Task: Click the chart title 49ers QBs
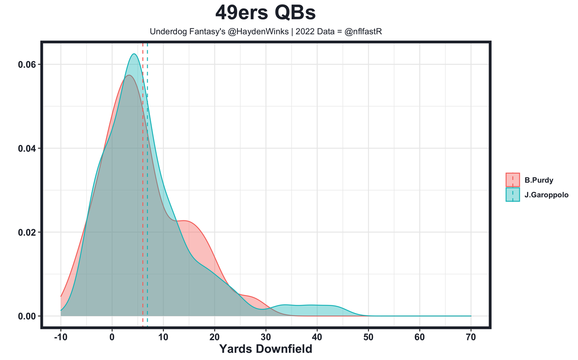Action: (266, 13)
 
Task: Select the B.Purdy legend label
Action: (539, 180)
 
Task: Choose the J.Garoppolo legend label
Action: (546, 195)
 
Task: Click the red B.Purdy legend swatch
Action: (513, 180)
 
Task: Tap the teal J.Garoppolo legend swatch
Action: (513, 195)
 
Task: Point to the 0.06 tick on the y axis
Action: (27, 65)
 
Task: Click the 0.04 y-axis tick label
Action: (27, 149)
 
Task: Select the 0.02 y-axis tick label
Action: (27, 233)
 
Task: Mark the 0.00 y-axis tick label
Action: (27, 316)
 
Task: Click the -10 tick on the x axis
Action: (61, 337)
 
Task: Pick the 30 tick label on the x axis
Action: (266, 337)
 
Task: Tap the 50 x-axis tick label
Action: (368, 337)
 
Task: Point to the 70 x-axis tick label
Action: (471, 337)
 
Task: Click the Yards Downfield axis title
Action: (266, 349)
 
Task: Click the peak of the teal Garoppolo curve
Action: (134, 54)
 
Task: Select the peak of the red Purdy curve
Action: (129, 75)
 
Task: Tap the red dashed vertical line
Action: (143, 181)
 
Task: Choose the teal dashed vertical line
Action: (147, 181)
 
